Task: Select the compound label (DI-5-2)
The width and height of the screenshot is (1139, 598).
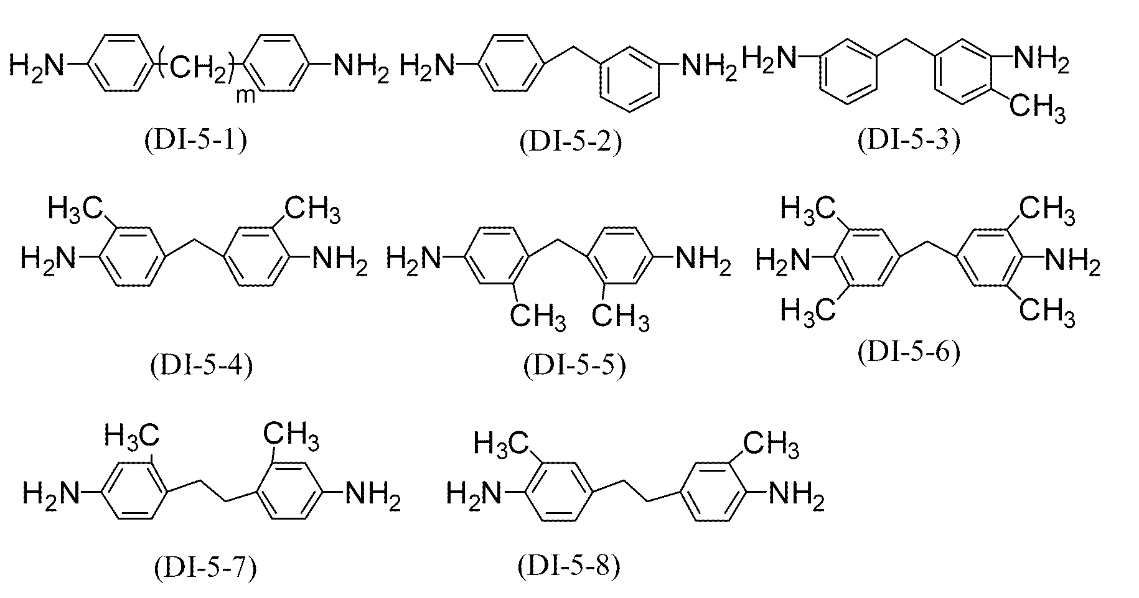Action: click(x=570, y=142)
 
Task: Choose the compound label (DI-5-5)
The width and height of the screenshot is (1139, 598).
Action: click(x=574, y=365)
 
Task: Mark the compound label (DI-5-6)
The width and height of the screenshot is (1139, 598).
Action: click(x=909, y=352)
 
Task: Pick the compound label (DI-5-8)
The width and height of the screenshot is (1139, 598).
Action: click(x=569, y=566)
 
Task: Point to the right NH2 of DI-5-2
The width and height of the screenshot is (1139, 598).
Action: click(x=709, y=65)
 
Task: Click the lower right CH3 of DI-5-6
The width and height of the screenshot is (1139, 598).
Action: click(x=1048, y=309)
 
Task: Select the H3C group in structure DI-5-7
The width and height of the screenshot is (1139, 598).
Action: click(x=132, y=434)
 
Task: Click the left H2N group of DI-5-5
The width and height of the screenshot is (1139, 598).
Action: click(x=415, y=256)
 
